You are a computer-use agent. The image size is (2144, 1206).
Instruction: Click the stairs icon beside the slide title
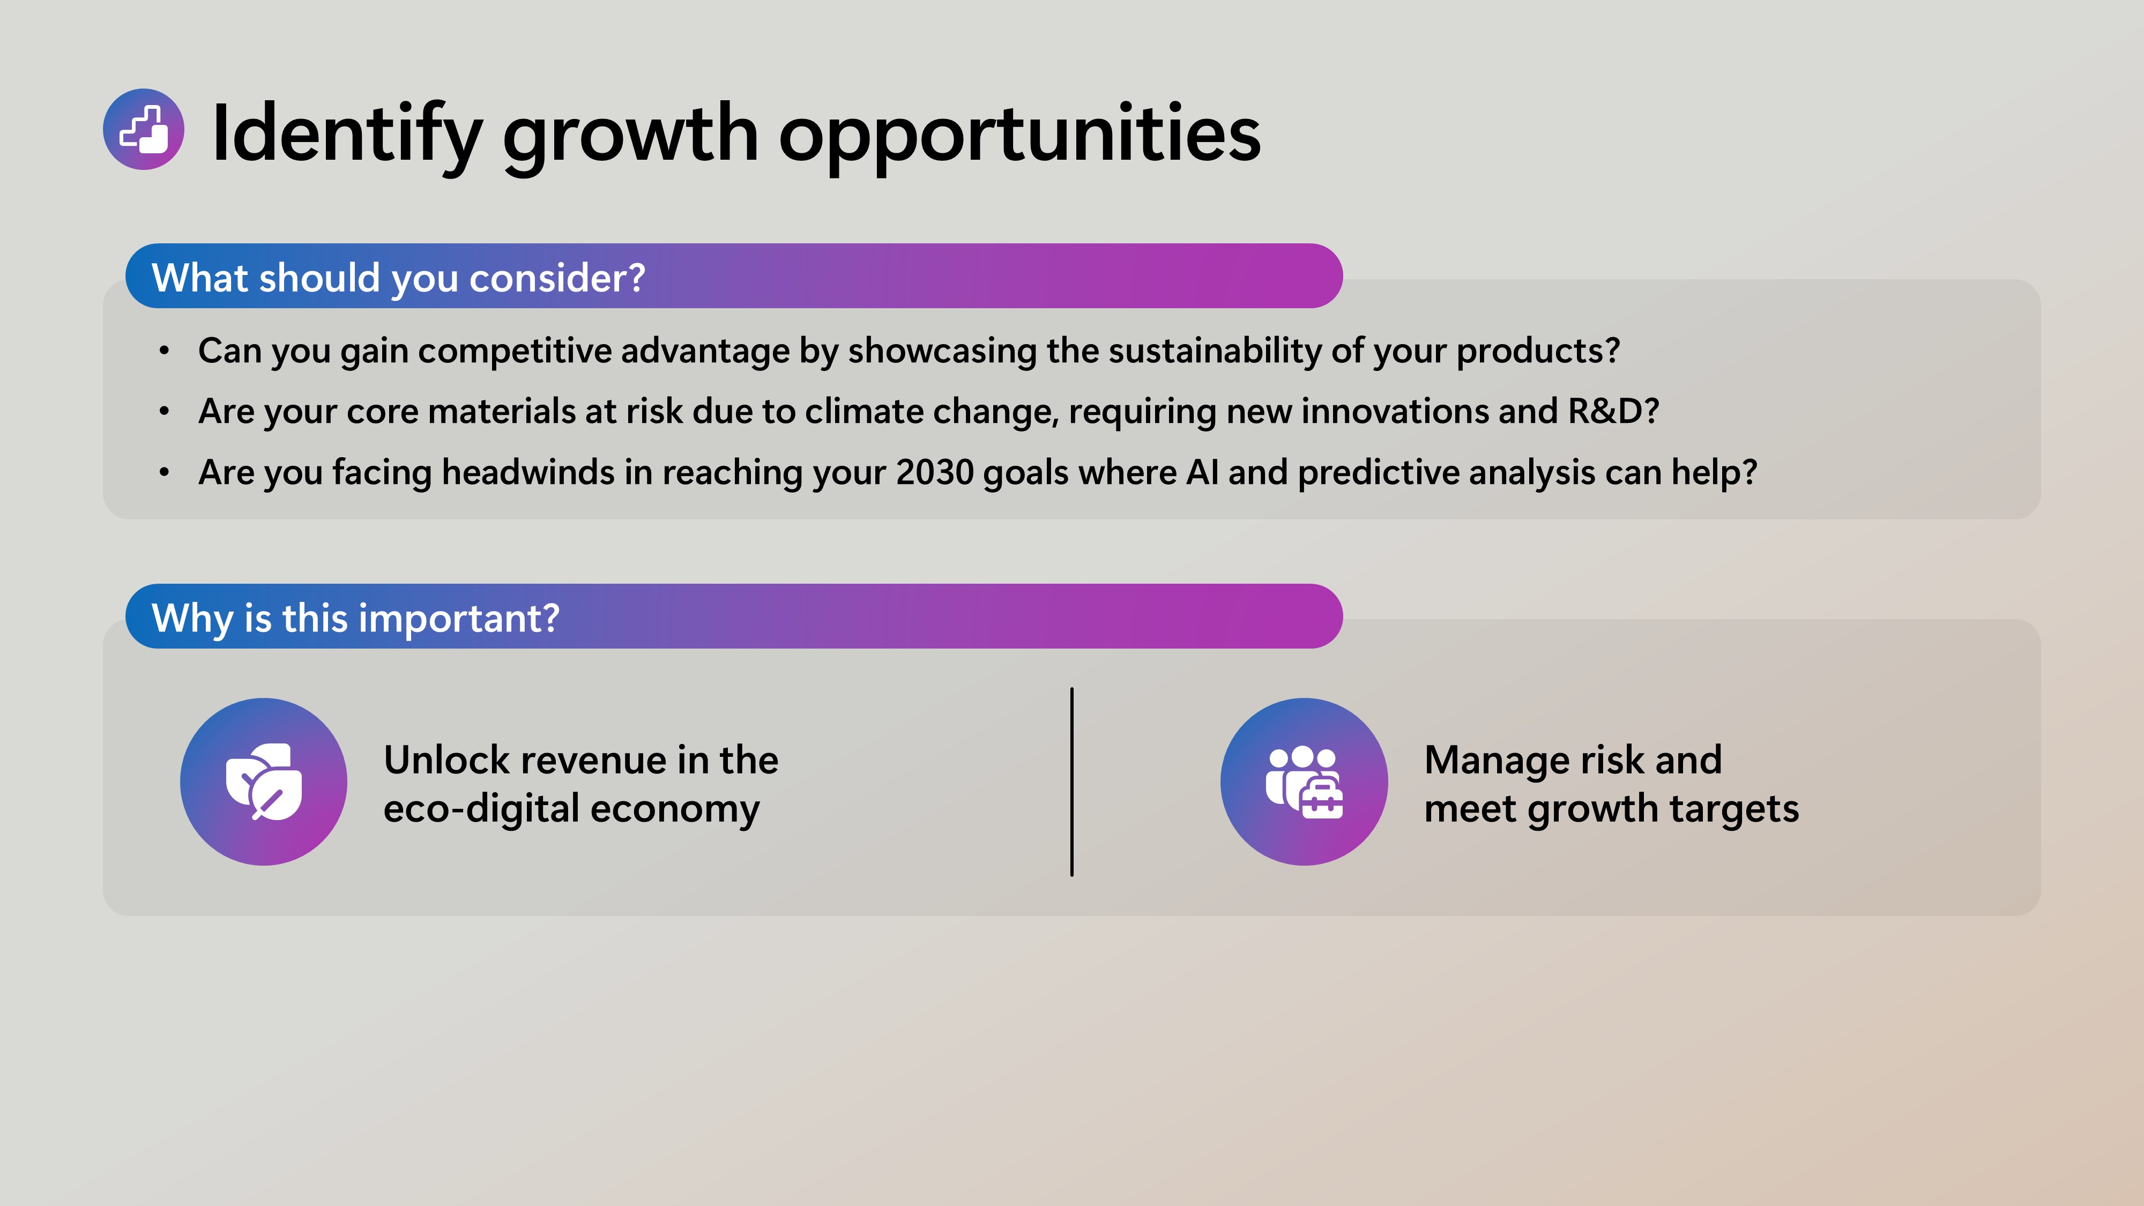[143, 130]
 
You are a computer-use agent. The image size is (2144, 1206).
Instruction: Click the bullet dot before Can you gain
[165, 351]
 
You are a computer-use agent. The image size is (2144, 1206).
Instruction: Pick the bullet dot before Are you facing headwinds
[165, 473]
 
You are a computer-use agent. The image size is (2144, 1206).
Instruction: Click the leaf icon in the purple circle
[264, 781]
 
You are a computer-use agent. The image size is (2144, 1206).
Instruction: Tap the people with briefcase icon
[1304, 781]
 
